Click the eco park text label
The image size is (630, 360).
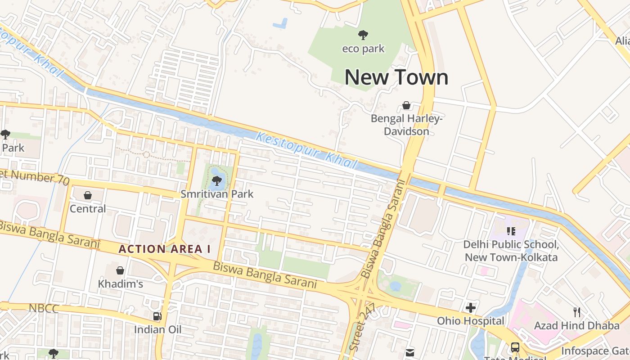point(363,49)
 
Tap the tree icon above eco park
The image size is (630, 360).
point(363,35)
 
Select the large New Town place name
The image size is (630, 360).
point(396,77)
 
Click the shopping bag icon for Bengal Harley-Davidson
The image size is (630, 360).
point(406,106)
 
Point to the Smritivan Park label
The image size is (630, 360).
point(217,194)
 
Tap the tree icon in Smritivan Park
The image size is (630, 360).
point(216,181)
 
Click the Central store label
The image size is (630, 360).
point(88,209)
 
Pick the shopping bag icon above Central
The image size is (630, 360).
point(88,195)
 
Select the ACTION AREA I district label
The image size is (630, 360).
point(164,249)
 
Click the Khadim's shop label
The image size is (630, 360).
point(120,284)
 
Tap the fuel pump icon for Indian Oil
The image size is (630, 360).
point(157,316)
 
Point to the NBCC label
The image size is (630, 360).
point(44,309)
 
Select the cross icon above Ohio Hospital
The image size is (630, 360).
point(471,308)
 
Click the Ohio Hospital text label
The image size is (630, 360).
point(471,321)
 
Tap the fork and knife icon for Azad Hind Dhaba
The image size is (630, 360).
point(577,312)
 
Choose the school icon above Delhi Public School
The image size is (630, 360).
point(511,231)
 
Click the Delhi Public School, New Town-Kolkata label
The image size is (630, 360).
point(511,251)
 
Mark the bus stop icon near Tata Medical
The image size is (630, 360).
point(515,347)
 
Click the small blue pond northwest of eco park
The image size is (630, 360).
point(280,23)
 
